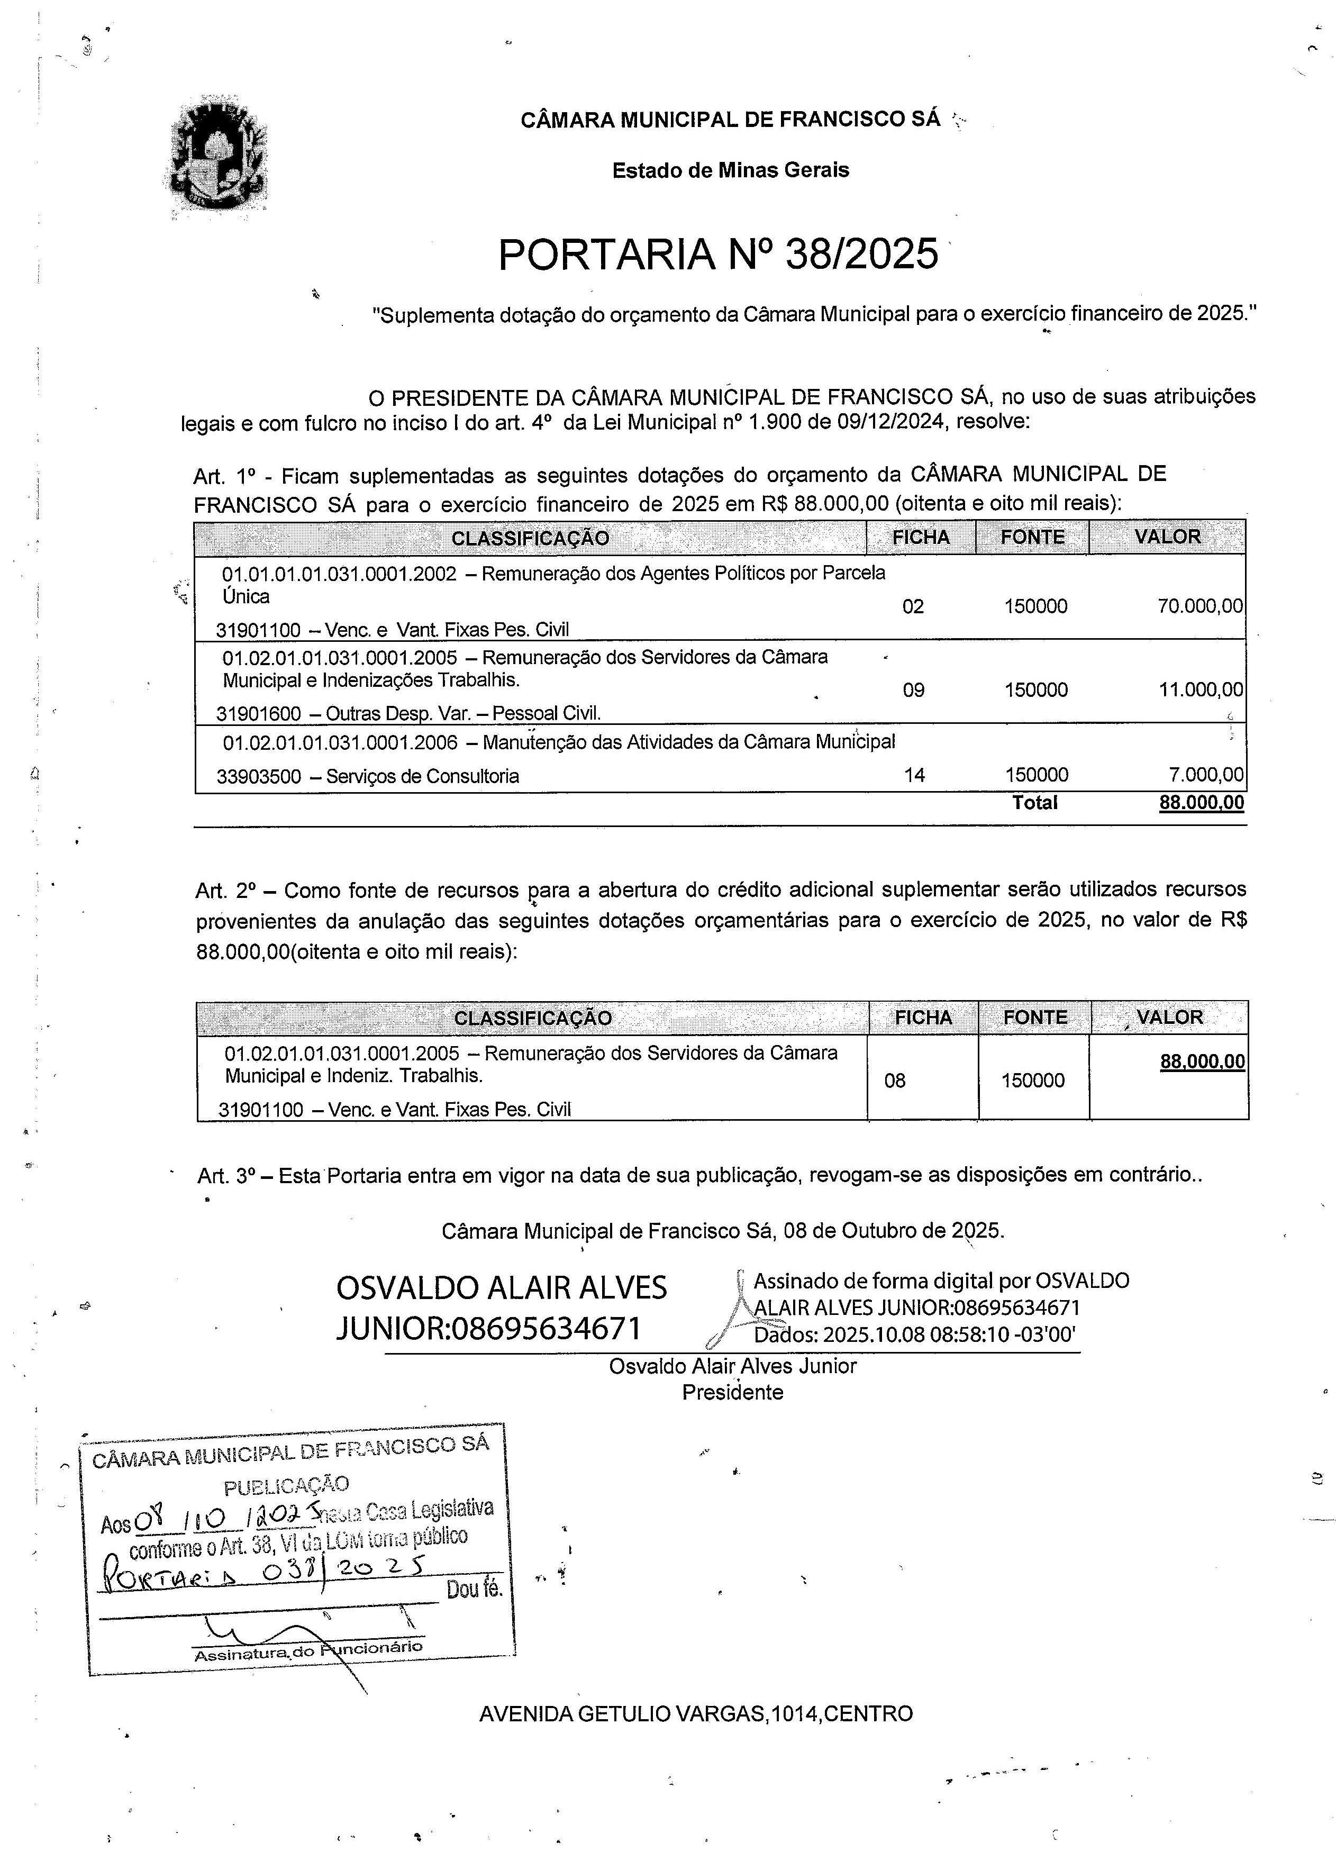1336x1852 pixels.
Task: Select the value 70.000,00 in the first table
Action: click(1199, 606)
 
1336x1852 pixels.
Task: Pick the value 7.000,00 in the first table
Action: click(1206, 775)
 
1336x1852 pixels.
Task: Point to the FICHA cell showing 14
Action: click(914, 775)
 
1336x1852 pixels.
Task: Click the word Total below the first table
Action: click(1034, 803)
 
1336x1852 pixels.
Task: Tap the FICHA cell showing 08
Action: click(895, 1081)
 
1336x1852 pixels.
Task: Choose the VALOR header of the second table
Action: click(1169, 1018)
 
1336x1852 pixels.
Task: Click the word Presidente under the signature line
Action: click(732, 1392)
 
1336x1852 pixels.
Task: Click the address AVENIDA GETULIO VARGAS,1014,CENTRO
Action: click(696, 1714)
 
